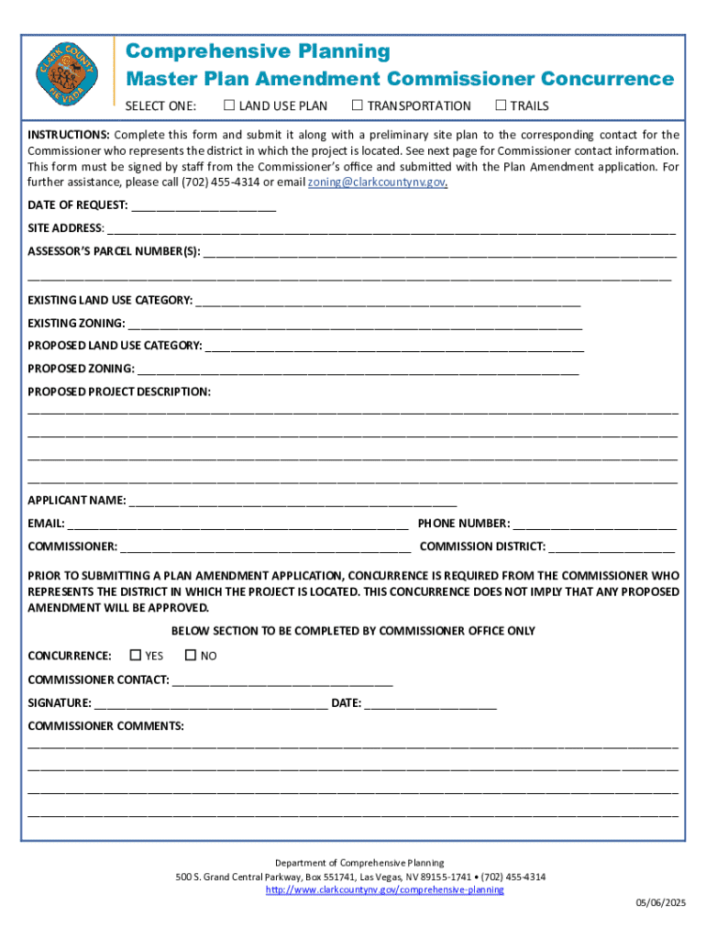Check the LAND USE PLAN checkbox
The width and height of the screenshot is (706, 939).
click(x=229, y=105)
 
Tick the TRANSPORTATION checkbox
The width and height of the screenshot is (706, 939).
click(x=358, y=105)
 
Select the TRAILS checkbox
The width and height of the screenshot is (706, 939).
click(x=501, y=105)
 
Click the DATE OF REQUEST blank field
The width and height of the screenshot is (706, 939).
click(x=203, y=205)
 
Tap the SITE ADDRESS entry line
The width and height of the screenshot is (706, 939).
click(x=391, y=228)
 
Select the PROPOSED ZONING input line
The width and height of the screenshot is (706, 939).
click(x=358, y=369)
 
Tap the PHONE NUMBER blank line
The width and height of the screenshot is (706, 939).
click(x=594, y=524)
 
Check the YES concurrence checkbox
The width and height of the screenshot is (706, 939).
click(x=136, y=656)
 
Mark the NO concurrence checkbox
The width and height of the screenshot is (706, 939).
click(x=191, y=656)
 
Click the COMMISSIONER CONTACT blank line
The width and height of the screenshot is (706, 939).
click(x=282, y=679)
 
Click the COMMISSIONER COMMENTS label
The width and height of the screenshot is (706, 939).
click(x=105, y=726)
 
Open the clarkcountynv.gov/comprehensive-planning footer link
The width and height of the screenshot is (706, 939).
click(x=384, y=890)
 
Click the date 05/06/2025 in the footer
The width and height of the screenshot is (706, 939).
click(x=661, y=904)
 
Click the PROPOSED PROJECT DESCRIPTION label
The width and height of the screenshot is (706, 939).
click(x=119, y=392)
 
